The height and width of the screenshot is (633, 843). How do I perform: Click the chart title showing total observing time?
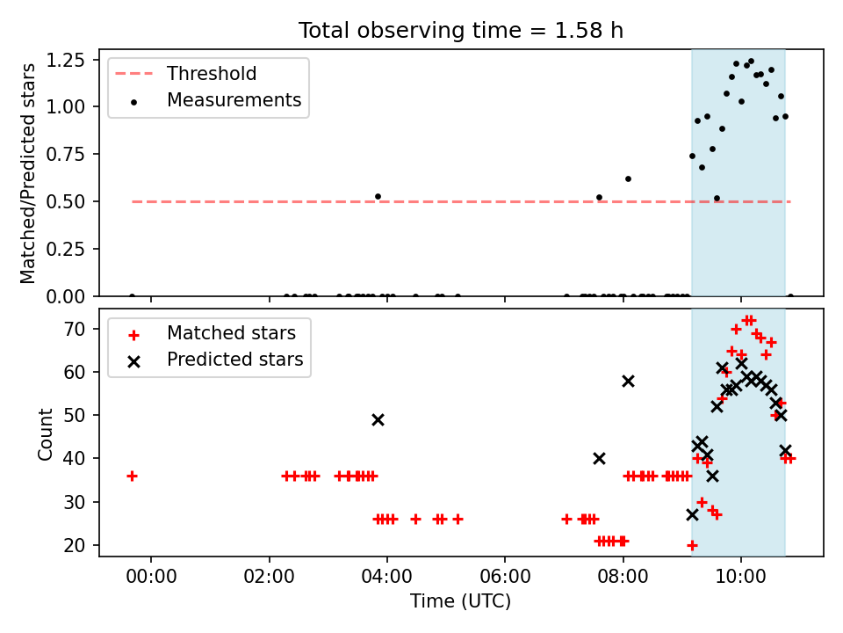pyautogui.click(x=461, y=31)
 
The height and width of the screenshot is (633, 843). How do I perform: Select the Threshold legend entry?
pyautogui.click(x=186, y=73)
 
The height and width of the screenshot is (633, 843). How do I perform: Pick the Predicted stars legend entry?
pyautogui.click(x=215, y=360)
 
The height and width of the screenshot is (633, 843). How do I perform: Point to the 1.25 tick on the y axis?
pyautogui.click(x=66, y=60)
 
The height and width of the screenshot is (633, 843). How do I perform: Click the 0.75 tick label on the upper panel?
pyautogui.click(x=66, y=155)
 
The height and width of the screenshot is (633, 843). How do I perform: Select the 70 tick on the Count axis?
pyautogui.click(x=74, y=329)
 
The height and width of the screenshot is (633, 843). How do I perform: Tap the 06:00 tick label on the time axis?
pyautogui.click(x=505, y=577)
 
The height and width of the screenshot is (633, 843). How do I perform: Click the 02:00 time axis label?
pyautogui.click(x=269, y=577)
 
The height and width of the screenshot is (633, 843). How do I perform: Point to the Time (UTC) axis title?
pyautogui.click(x=461, y=600)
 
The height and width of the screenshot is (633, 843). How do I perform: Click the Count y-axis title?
pyautogui.click(x=45, y=433)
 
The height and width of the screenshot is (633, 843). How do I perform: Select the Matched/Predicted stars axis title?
pyautogui.click(x=27, y=173)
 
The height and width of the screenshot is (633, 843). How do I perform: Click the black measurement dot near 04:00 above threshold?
pyautogui.click(x=378, y=196)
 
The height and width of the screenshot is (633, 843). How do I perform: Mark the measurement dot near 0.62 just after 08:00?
pyautogui.click(x=628, y=178)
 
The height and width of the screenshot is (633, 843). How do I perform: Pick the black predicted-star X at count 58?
pyautogui.click(x=628, y=381)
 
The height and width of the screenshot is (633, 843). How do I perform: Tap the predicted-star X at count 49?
pyautogui.click(x=378, y=420)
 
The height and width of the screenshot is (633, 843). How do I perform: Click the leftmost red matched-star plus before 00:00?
pyautogui.click(x=133, y=476)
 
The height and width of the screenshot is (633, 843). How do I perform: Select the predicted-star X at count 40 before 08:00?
pyautogui.click(x=599, y=459)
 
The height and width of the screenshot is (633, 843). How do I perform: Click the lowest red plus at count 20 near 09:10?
pyautogui.click(x=692, y=545)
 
